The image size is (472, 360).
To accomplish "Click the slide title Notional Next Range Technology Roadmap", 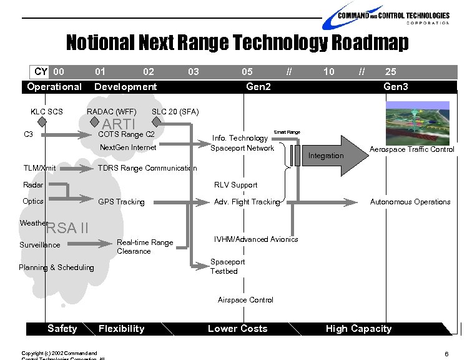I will pos(237,42).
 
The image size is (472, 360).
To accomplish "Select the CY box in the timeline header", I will pos(41,72).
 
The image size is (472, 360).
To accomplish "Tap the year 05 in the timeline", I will pos(247,72).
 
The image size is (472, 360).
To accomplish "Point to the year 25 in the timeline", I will pos(390,72).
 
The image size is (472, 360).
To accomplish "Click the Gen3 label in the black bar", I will pos(396,86).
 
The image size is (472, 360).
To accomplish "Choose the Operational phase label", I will pos(54,86).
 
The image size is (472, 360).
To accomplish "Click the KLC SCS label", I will pos(47,112).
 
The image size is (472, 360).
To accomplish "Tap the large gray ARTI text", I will pos(119,124).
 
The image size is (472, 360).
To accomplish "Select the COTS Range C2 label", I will pos(127,134).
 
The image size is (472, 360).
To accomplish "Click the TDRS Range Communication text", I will pos(147,168).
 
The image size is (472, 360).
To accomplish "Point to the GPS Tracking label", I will pos(121,202).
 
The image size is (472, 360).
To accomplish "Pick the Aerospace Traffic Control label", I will pos(411,149).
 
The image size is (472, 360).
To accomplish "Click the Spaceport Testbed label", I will pos(227,266).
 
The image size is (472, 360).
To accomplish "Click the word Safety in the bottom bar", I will pos(62,329).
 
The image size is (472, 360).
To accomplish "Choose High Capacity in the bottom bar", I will pos(358,329).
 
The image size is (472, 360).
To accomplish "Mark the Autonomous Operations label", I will pos(410,202).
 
